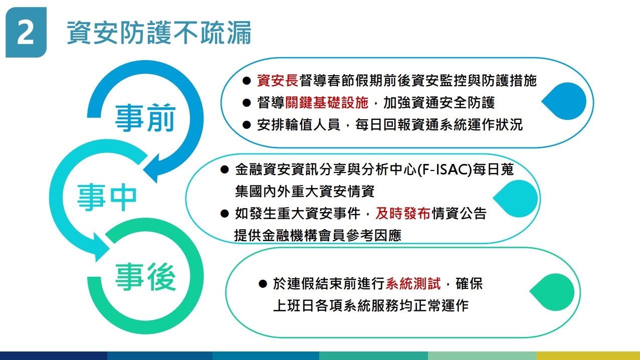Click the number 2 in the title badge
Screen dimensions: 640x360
tap(26, 32)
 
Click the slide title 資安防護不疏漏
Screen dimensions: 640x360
tap(159, 33)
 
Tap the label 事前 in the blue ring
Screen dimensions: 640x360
tap(145, 118)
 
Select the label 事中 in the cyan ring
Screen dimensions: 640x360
tap(107, 198)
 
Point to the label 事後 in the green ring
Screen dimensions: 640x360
tap(145, 277)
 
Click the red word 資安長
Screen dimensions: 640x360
tap(278, 80)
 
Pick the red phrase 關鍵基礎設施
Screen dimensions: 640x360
tap(327, 102)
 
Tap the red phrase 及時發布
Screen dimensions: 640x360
tap(403, 213)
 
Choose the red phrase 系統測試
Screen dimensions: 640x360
tap(413, 284)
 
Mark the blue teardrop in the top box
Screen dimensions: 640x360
tap(564, 101)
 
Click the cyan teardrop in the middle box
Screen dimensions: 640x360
tap(515, 198)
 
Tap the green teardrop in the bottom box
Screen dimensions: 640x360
tap(552, 292)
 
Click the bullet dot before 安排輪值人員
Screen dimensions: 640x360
tap(247, 125)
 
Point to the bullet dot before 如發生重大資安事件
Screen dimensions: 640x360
tap(225, 214)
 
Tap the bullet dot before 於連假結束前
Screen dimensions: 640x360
tap(263, 284)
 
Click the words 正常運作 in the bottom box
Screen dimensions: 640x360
tap(441, 306)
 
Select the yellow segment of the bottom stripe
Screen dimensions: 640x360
tap(588, 355)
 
